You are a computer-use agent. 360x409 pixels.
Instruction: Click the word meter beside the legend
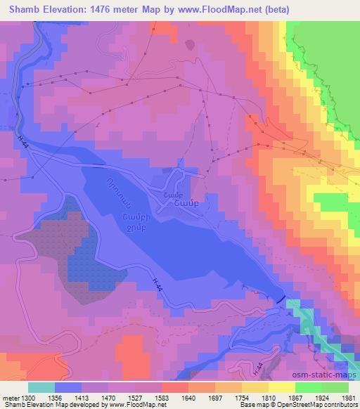click(11, 398)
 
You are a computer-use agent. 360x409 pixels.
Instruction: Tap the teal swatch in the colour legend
click(41, 387)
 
